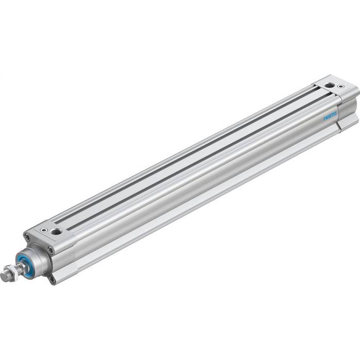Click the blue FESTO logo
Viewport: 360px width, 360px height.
(329, 117)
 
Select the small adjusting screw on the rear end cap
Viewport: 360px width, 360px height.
(340, 86)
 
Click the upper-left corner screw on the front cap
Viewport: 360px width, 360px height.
(27, 237)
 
